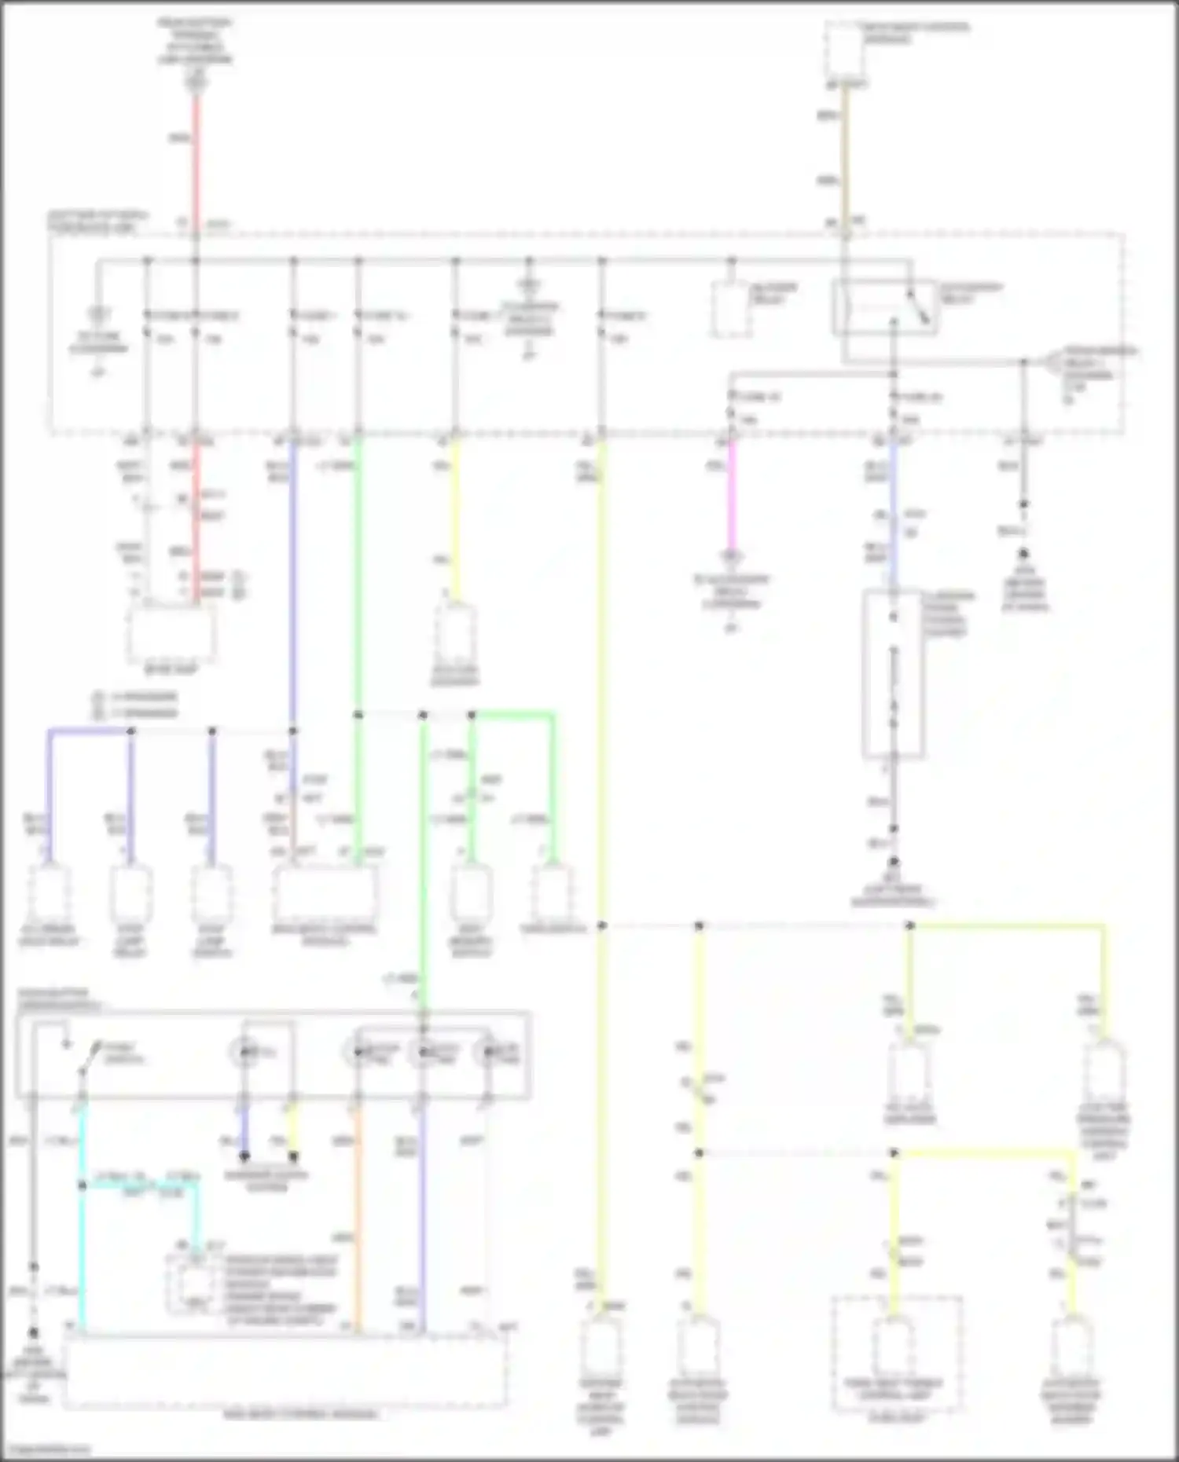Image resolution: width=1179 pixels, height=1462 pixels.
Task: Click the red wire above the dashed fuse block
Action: [196, 157]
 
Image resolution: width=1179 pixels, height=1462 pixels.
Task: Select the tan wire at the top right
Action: [845, 157]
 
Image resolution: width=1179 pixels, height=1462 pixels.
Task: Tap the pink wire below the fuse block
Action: [732, 495]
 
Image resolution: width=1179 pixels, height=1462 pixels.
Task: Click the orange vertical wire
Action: [358, 1218]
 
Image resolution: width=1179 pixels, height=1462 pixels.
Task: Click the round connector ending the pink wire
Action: [732, 558]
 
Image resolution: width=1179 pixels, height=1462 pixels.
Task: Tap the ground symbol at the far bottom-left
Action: [33, 1334]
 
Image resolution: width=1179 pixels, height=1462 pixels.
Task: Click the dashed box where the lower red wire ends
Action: [171, 633]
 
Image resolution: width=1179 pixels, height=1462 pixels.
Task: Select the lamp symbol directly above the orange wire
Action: [358, 1052]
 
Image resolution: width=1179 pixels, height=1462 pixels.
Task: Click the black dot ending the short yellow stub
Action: [293, 1156]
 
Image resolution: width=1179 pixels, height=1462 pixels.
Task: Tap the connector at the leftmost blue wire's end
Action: [49, 892]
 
